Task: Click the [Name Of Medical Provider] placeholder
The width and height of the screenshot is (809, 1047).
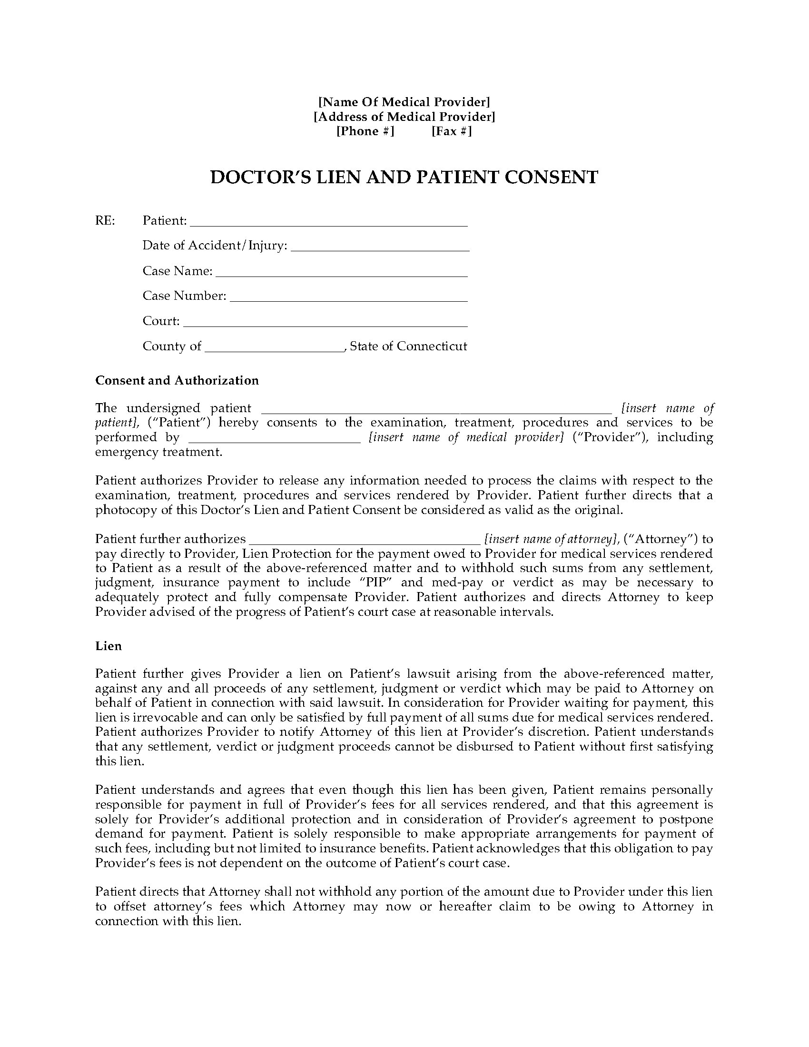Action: point(404,102)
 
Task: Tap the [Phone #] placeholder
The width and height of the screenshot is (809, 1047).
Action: point(365,131)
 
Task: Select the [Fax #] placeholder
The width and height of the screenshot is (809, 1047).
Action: point(452,131)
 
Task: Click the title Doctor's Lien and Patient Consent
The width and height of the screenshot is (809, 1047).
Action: point(404,177)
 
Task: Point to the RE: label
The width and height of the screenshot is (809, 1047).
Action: point(106,220)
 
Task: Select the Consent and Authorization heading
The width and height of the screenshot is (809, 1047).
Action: point(177,380)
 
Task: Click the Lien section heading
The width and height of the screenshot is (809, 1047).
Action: point(109,646)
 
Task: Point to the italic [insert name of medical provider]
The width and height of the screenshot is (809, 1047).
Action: point(466,437)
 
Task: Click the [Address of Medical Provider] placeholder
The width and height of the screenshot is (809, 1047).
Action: point(404,117)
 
